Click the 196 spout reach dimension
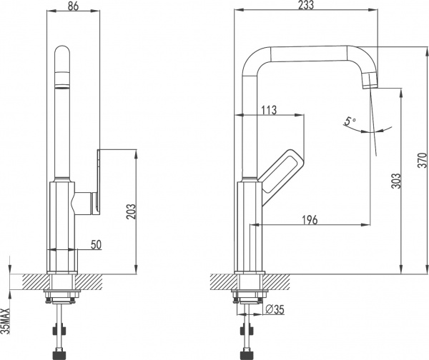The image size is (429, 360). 308,219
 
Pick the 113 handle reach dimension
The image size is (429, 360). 270,110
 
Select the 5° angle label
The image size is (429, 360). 349,122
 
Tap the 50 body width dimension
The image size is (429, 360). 96,245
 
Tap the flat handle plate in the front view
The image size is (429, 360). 99,181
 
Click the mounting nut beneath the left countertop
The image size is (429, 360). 63,294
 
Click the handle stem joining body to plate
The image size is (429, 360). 86,203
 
